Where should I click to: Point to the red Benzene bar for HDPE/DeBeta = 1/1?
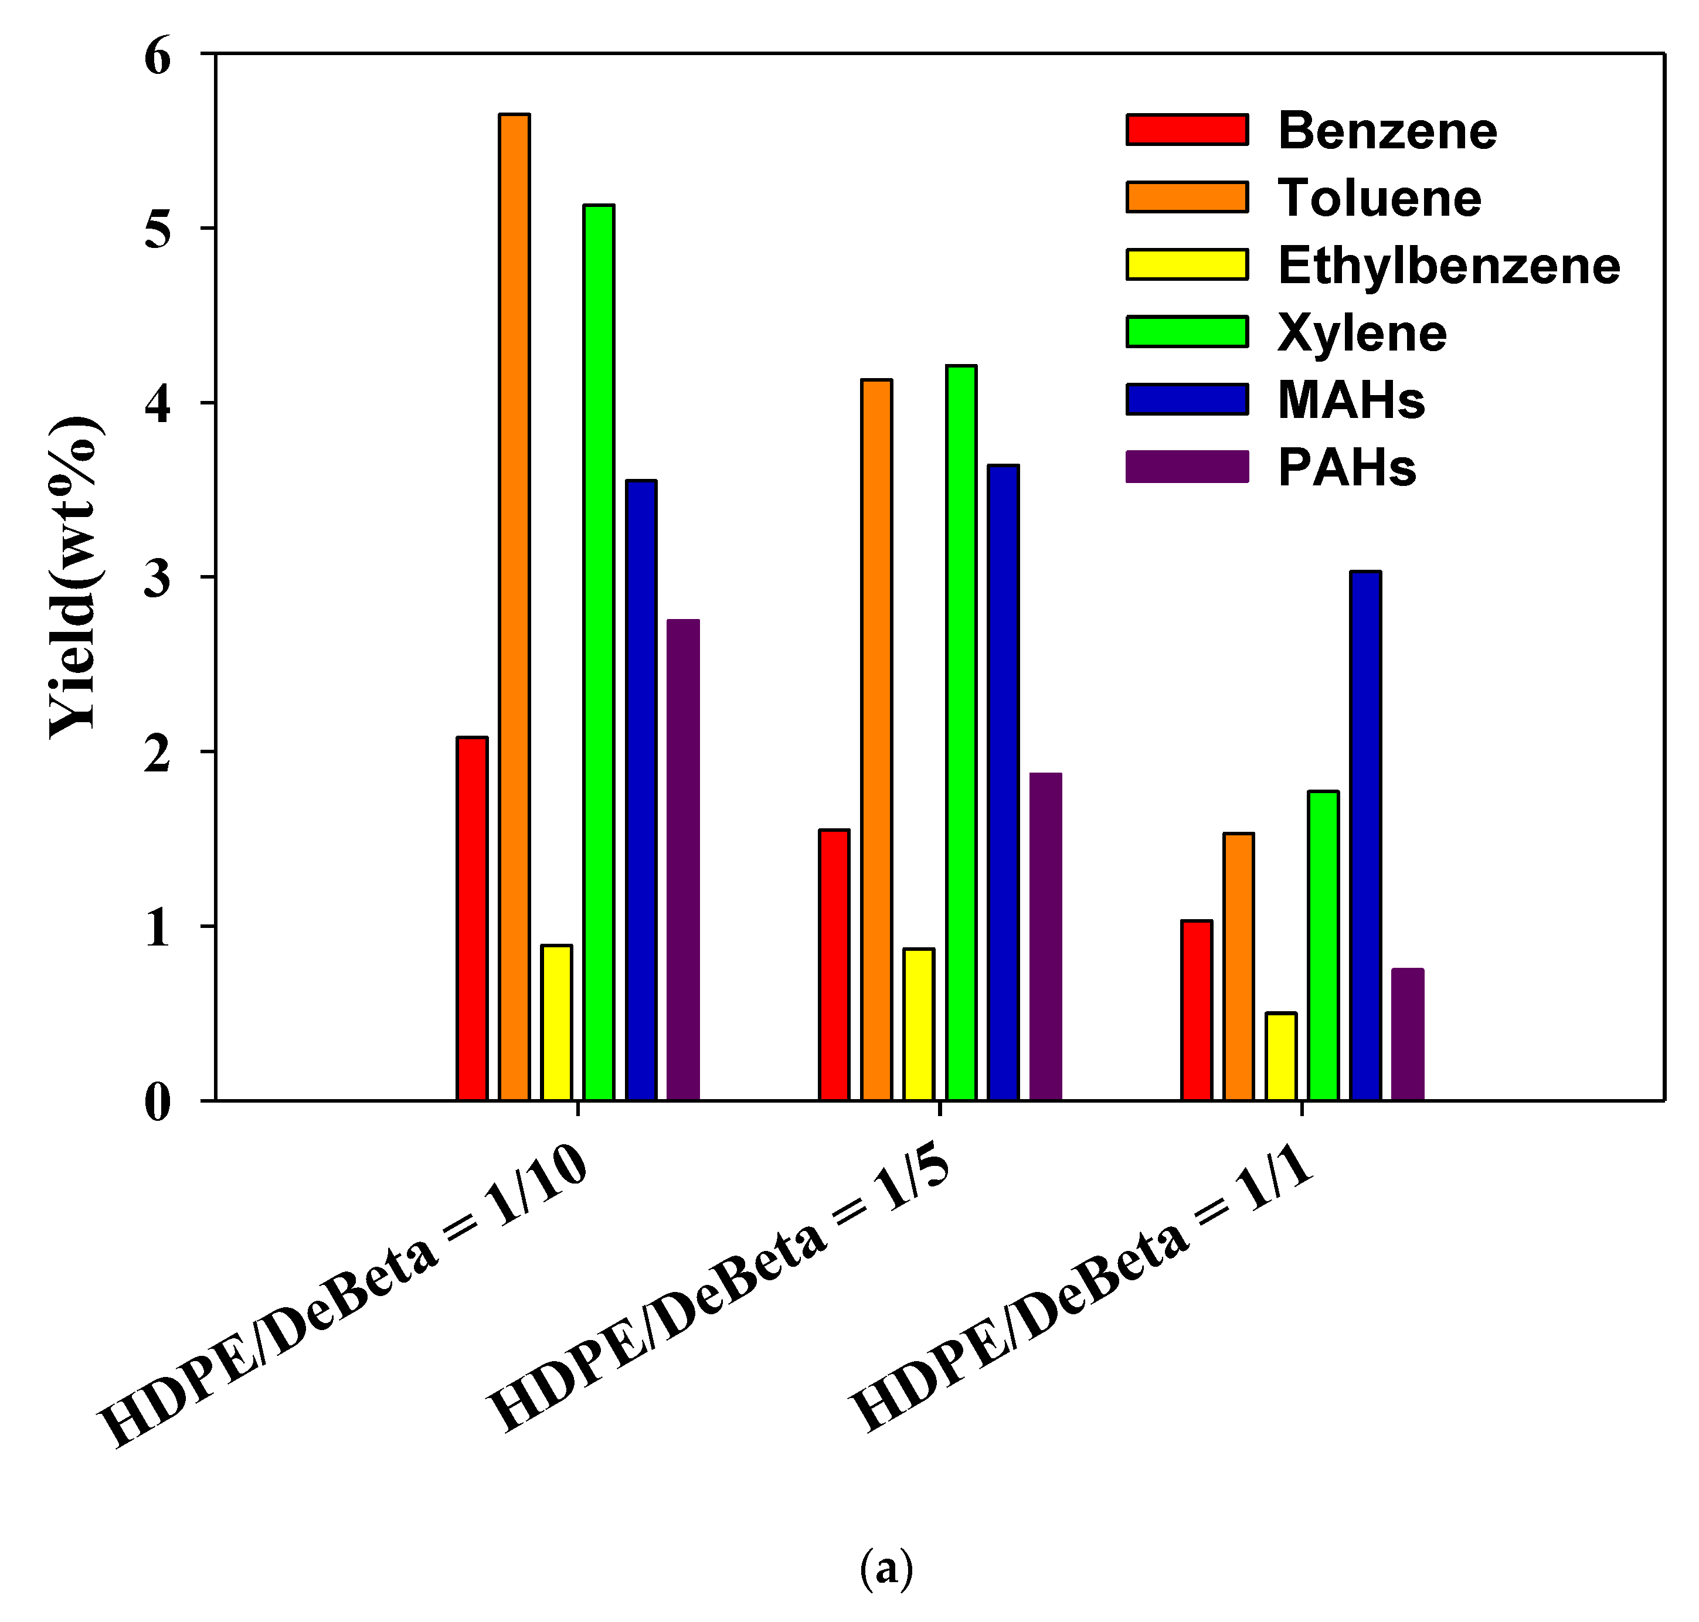click(x=1197, y=1011)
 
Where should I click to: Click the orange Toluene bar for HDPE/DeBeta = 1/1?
click(x=1238, y=967)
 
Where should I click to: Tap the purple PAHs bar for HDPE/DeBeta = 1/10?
click(x=683, y=861)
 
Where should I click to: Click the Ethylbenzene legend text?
click(x=1448, y=266)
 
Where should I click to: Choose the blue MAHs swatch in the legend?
click(x=1186, y=399)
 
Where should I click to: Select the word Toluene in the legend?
click(x=1379, y=198)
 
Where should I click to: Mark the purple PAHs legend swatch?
click(x=1186, y=467)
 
